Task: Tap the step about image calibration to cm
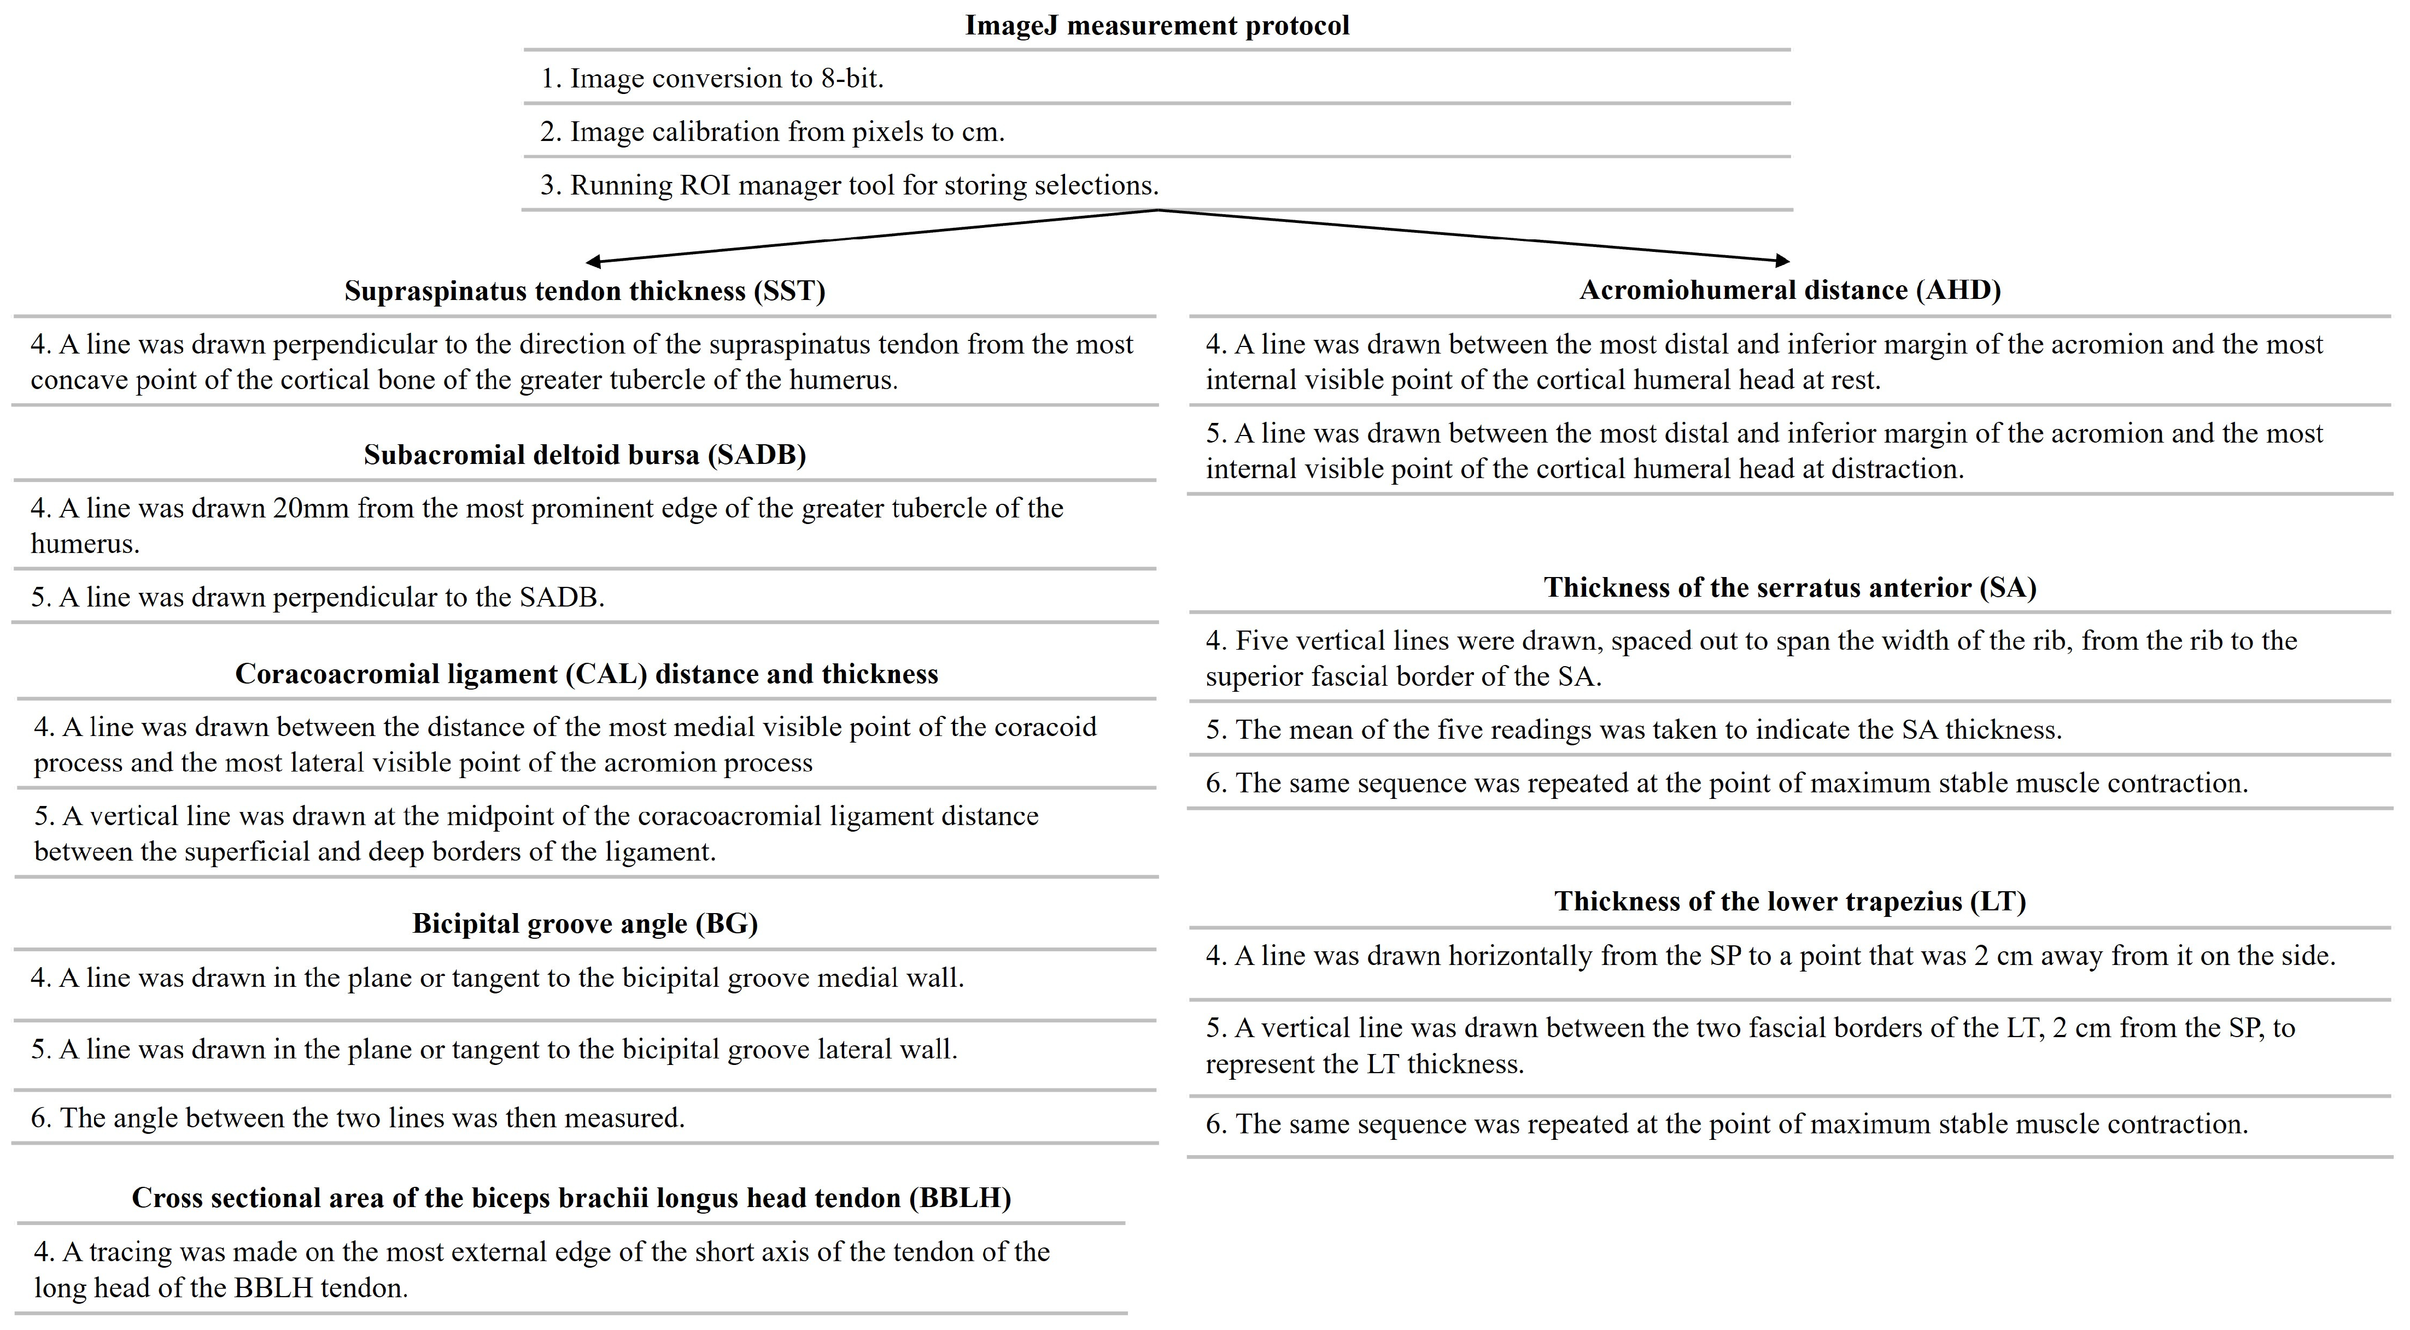772,132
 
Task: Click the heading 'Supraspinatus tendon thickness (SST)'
584,291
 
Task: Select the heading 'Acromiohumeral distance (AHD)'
1789,290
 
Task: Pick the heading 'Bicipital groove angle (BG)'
584,924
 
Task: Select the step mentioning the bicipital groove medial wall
497,978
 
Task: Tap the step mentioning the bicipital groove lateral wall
494,1049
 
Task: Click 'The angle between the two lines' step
358,1119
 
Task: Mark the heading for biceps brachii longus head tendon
571,1198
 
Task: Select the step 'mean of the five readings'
1634,729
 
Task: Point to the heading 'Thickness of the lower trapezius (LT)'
1789,902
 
